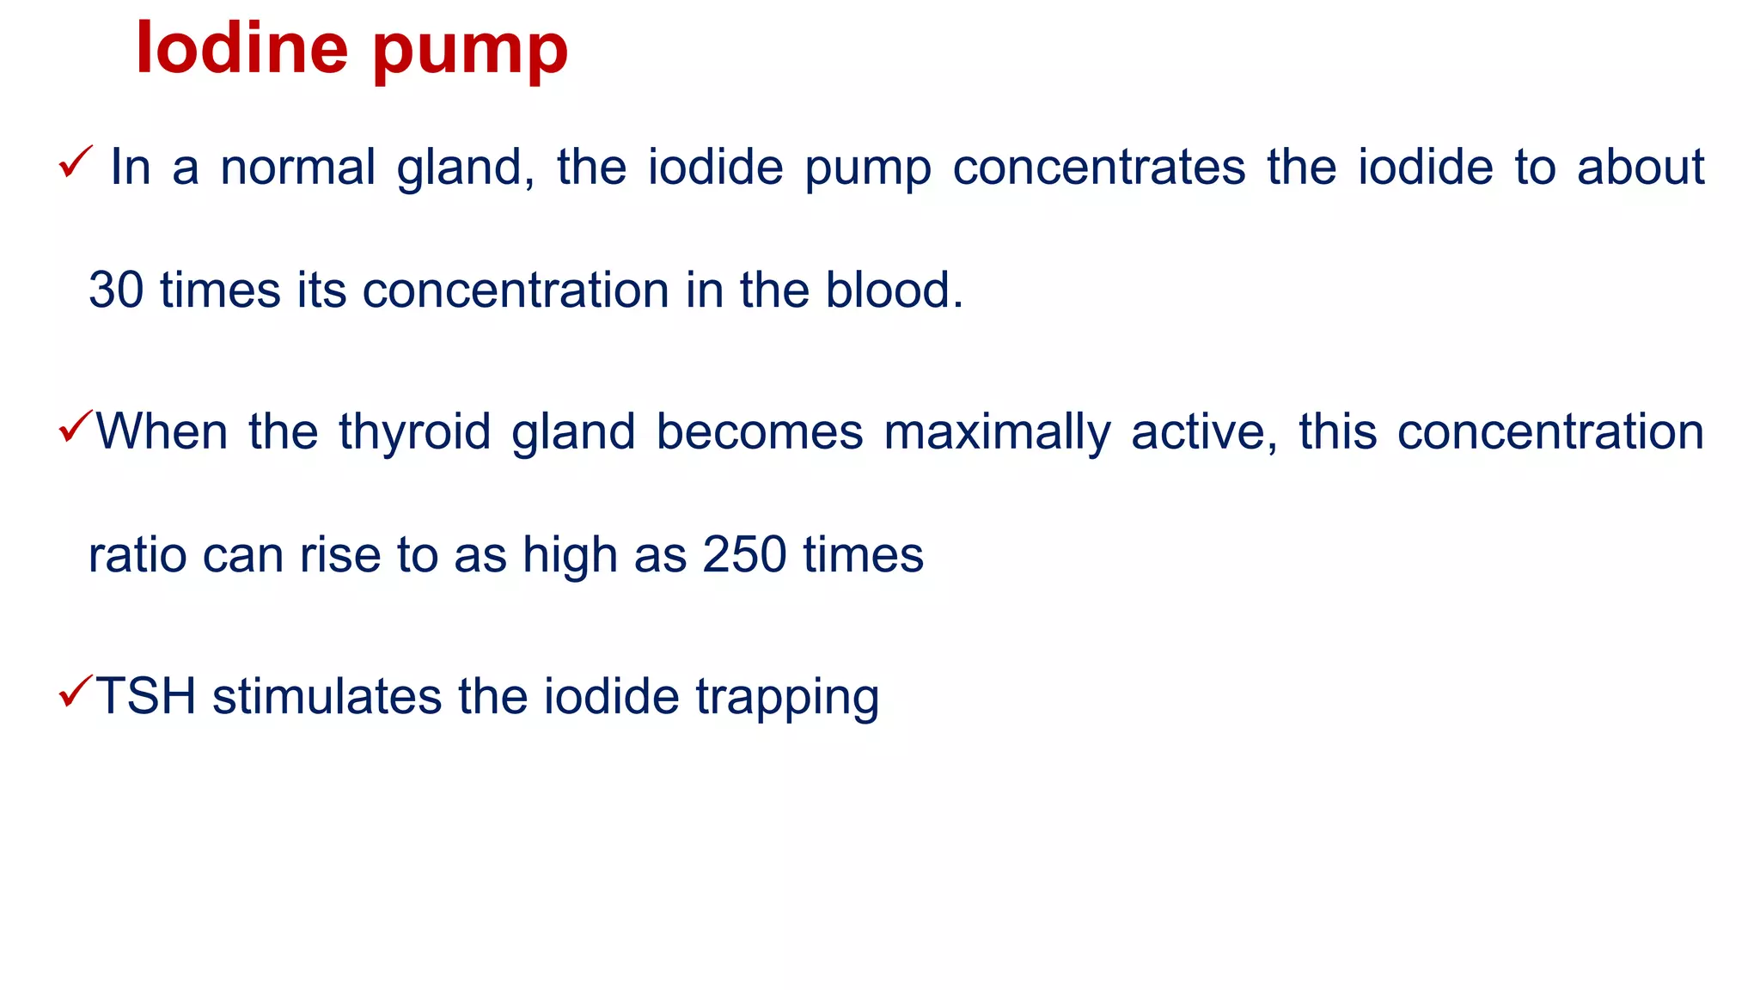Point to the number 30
(x=116, y=290)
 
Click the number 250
(x=744, y=555)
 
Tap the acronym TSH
(x=146, y=696)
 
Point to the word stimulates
(x=327, y=696)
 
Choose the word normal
(x=298, y=167)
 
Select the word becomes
(x=760, y=431)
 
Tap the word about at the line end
(x=1640, y=167)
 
